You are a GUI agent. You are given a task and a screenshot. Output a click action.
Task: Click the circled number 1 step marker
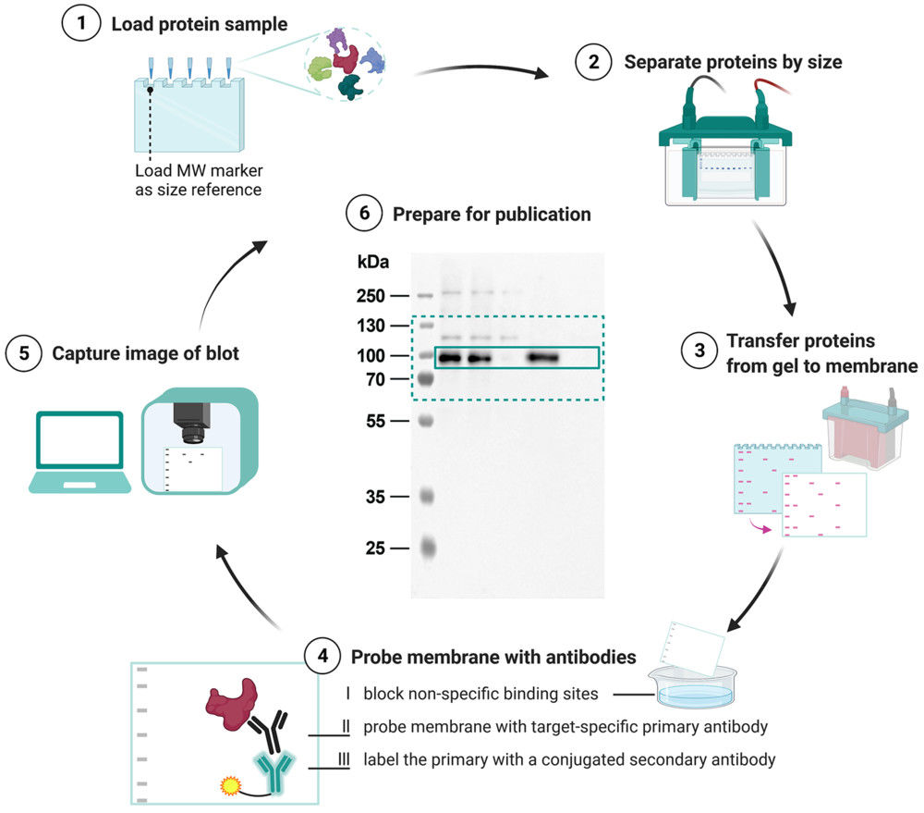80,22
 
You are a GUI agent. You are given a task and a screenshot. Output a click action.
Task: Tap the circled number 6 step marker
364,214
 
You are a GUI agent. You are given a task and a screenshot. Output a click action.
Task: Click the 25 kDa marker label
374,548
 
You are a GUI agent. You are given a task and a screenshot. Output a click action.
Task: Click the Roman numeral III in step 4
345,759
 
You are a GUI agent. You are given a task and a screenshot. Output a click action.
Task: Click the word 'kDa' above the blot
372,263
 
